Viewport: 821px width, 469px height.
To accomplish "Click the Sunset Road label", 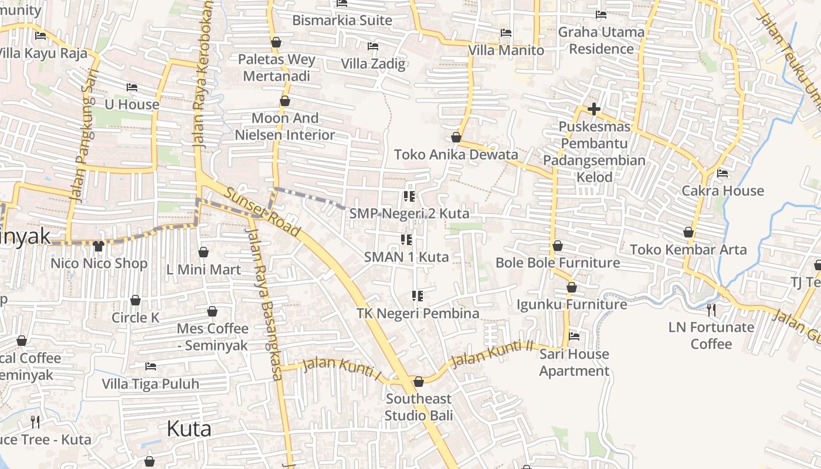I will [262, 212].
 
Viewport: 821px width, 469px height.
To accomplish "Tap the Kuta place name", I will [189, 429].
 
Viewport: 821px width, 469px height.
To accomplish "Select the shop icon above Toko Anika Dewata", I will [456, 137].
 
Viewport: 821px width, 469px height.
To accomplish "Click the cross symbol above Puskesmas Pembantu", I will [594, 109].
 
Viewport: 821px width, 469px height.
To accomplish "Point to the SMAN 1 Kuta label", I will [406, 257].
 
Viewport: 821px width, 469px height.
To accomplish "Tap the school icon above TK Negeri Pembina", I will [418, 296].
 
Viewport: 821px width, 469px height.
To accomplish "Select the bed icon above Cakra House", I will [722, 174].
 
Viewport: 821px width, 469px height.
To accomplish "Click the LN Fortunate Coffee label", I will [711, 335].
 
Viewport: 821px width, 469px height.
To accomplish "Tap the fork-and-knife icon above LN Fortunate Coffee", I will [711, 310].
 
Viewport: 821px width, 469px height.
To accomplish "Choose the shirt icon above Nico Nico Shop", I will [98, 246].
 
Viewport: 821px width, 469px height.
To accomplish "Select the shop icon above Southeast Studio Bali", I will [419, 382].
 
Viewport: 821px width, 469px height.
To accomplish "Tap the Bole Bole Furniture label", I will [558, 263].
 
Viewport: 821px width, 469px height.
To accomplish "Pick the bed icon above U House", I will [132, 87].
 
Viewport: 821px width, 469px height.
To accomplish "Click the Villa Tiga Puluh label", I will [151, 384].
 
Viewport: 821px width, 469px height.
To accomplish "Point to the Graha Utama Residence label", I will [601, 40].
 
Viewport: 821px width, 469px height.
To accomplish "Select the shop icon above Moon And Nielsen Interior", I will [285, 101].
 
